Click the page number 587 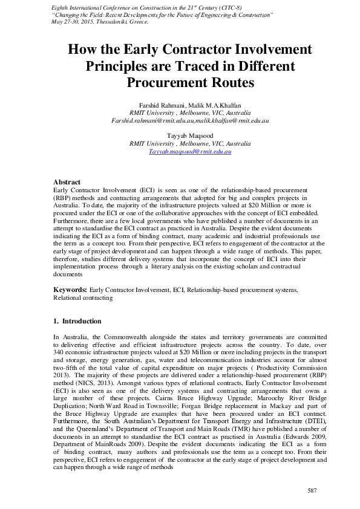click(x=312, y=490)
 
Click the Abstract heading click(x=67, y=182)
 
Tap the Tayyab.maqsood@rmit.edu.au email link click(x=190, y=152)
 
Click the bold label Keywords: click(x=70, y=290)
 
